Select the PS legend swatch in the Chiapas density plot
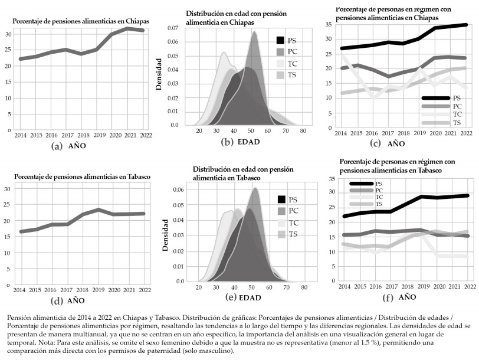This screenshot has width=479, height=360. click(281, 40)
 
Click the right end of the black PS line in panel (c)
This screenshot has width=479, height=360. click(466, 25)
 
